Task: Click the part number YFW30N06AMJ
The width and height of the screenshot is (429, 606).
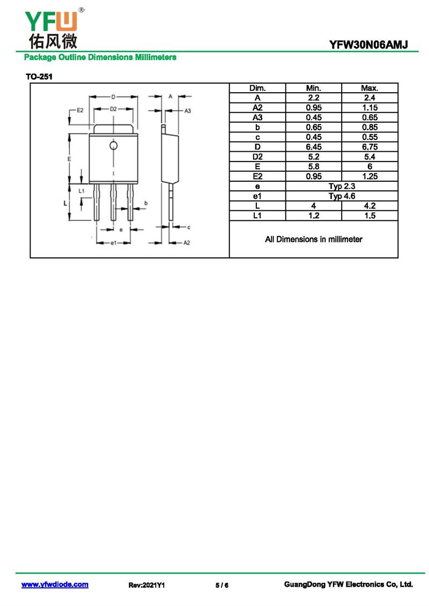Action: [368, 45]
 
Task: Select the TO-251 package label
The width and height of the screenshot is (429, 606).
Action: [39, 77]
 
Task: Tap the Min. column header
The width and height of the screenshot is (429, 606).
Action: [314, 88]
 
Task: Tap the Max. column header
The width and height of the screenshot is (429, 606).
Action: [369, 88]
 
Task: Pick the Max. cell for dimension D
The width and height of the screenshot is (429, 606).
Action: [369, 147]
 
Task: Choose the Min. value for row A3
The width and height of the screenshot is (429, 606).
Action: [314, 117]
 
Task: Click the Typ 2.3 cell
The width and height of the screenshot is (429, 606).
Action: [342, 186]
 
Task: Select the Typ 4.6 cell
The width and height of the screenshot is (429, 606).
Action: [342, 196]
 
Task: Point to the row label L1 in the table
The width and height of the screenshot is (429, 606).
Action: [257, 216]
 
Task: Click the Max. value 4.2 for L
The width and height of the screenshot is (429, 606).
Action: [369, 206]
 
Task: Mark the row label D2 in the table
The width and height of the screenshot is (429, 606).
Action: [257, 157]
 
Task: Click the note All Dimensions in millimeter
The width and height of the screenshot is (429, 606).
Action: [314, 239]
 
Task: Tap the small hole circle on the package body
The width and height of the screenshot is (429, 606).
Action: [113, 145]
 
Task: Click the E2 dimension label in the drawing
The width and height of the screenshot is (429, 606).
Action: [80, 110]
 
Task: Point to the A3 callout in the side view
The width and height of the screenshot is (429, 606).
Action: [188, 110]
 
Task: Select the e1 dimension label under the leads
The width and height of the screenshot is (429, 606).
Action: [113, 243]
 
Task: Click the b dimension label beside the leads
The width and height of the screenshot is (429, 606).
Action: [146, 203]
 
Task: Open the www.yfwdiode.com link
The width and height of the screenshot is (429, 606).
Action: [55, 585]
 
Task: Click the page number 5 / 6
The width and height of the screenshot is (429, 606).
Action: [222, 585]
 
